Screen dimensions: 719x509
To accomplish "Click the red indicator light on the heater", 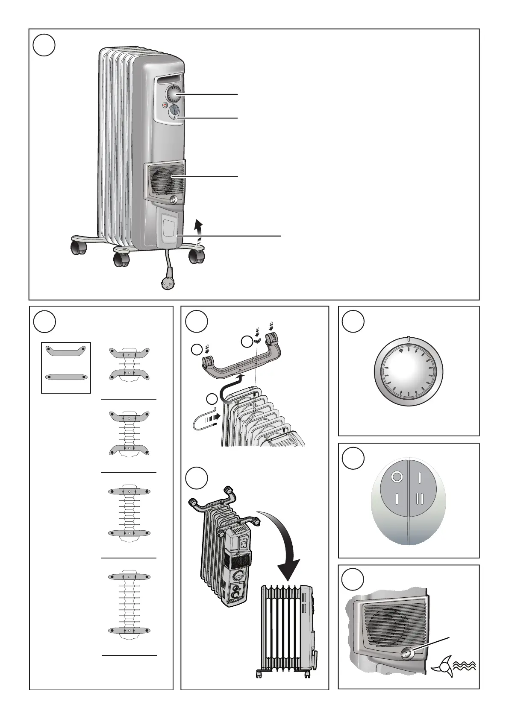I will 165,105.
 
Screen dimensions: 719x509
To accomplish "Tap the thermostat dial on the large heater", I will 175,94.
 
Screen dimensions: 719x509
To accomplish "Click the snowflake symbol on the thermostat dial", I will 401,351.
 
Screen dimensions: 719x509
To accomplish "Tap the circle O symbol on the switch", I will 397,476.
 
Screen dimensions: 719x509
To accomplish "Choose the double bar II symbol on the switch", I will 421,498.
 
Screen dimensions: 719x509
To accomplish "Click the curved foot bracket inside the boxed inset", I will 66,351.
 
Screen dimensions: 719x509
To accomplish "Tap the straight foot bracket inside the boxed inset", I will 66,377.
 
